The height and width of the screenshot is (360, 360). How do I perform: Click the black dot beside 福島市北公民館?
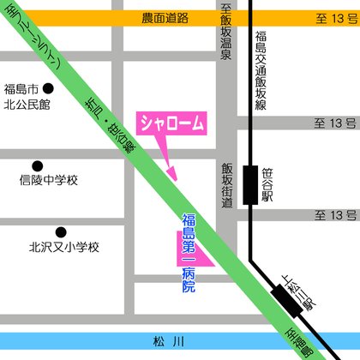49,88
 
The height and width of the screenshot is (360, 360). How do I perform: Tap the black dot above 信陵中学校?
37,165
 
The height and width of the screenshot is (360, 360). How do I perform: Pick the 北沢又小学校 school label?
64,247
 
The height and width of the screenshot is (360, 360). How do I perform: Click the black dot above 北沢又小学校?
61,231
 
